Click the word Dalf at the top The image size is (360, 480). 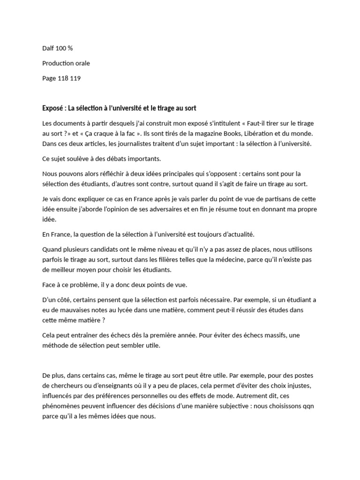click(x=48, y=48)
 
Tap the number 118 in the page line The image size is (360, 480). click(x=63, y=78)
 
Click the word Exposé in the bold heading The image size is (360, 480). click(x=53, y=108)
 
